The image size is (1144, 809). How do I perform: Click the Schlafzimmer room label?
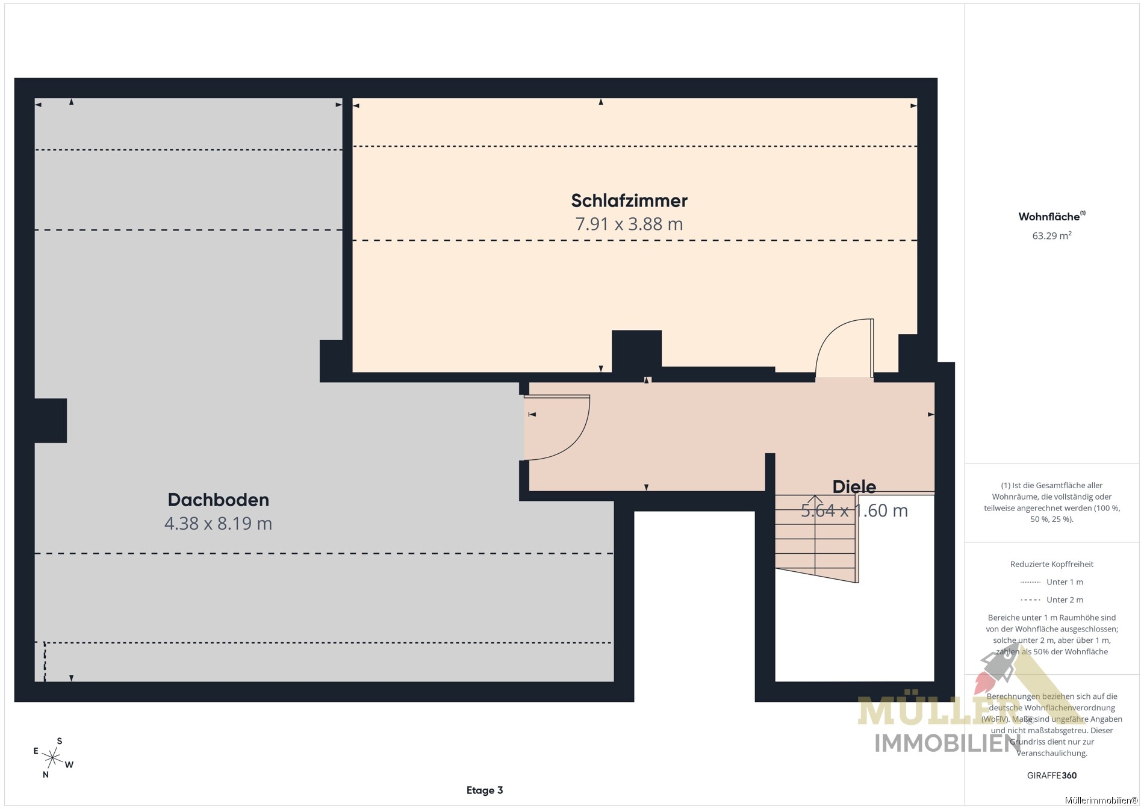629,200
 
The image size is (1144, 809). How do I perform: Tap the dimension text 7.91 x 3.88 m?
629,224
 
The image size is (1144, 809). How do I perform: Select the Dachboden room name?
218,500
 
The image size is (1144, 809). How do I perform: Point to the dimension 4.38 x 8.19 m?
218,523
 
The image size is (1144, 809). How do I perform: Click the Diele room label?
854,486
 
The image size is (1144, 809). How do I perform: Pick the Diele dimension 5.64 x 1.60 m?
854,510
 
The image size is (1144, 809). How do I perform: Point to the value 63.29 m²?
1051,235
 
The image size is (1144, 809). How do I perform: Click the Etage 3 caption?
485,790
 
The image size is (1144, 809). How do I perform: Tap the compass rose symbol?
54,757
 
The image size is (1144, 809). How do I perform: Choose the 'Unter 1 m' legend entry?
1052,582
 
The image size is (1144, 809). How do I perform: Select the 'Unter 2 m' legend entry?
1052,600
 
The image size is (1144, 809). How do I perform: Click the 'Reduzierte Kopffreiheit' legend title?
1051,564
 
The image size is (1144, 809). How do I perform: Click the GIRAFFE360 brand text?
1051,775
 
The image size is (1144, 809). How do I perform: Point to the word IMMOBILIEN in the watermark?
947,743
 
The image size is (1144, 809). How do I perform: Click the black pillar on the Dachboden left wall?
51,421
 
